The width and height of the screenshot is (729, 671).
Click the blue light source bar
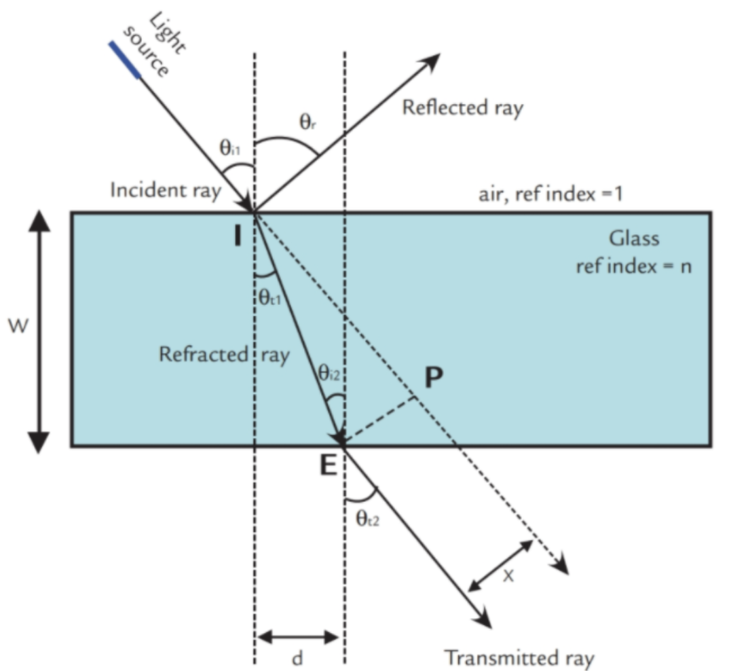point(125,60)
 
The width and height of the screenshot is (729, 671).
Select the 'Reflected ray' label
point(463,108)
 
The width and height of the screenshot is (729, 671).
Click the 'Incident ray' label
point(166,192)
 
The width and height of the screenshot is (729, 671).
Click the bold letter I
point(238,238)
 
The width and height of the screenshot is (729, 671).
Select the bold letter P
point(434,378)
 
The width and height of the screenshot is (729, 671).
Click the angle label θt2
point(369,520)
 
